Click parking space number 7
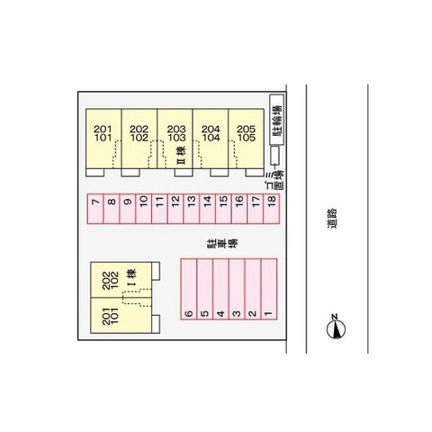pos(95,209)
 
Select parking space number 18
pos(272,209)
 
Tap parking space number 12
pos(175,209)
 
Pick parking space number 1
pos(269,289)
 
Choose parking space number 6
pos(189,289)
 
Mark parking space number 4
pos(220,289)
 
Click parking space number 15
pos(223,209)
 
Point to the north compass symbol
pos(336,328)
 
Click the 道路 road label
pos(332,219)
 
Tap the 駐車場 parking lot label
pos(222,244)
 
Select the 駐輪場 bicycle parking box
pos(276,120)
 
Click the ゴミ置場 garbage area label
pos(276,180)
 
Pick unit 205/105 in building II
pos(247,139)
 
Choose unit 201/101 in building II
pos(103,139)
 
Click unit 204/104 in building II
pos(211,139)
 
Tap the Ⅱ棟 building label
pos(181,155)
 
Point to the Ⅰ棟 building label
pos(131,277)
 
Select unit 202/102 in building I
pos(121,280)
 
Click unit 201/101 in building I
pos(121,315)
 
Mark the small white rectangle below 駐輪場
pos(274,155)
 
